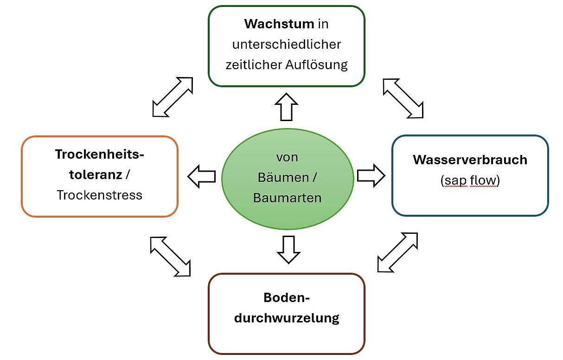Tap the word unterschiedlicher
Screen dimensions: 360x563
click(x=287, y=44)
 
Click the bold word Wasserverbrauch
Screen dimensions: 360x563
click(x=470, y=160)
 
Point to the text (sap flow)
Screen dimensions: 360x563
click(x=470, y=180)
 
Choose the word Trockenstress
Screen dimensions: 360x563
click(x=99, y=195)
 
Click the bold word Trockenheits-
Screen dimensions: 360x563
click(x=99, y=154)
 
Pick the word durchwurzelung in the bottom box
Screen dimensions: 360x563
click(x=287, y=318)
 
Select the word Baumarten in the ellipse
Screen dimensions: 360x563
click(x=287, y=198)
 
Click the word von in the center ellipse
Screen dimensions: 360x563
click(x=287, y=157)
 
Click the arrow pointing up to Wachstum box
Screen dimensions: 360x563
click(x=287, y=107)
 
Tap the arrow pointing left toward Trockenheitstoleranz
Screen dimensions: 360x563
click(x=202, y=176)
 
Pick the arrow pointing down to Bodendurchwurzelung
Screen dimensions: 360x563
click(x=288, y=250)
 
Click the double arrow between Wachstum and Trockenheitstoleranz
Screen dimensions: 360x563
click(x=172, y=97)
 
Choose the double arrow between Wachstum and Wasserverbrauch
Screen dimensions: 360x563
click(x=403, y=98)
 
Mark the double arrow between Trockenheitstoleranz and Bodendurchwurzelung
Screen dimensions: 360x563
click(x=170, y=257)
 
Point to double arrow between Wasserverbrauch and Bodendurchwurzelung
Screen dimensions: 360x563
click(x=397, y=252)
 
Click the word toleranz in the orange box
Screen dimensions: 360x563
click(x=95, y=175)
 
